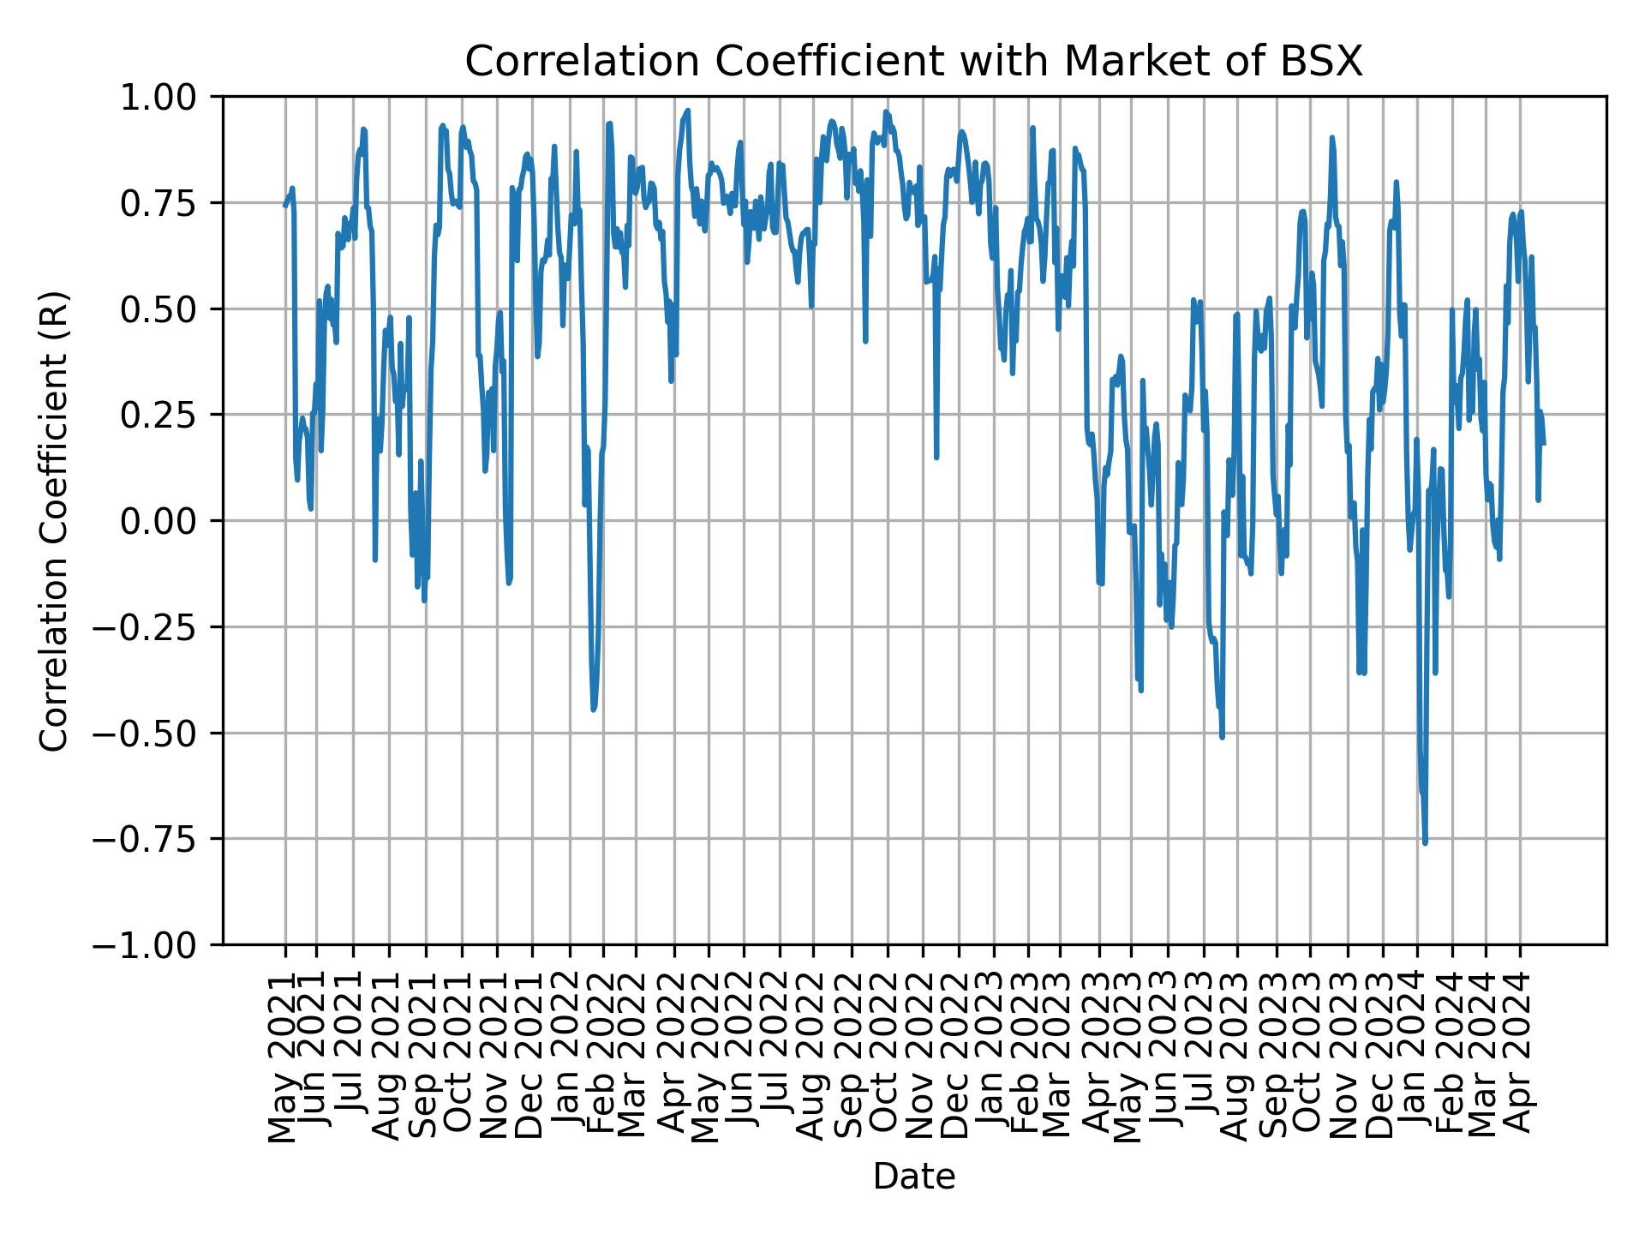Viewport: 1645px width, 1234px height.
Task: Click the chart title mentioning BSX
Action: [913, 63]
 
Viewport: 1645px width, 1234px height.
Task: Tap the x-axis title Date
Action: [913, 1177]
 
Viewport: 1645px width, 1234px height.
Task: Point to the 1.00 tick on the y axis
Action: [170, 97]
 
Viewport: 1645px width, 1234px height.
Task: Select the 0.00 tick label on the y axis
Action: [170, 520]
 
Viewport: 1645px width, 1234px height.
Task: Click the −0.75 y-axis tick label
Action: [159, 839]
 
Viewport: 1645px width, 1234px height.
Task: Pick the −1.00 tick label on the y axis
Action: [159, 945]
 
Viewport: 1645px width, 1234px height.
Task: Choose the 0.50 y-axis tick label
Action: [170, 308]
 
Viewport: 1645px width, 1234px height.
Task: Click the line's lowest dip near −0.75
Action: [1425, 843]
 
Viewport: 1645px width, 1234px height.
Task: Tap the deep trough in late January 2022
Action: [593, 709]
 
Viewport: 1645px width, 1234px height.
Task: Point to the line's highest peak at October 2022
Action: [886, 111]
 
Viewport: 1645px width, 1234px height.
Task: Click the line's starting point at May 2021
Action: [285, 206]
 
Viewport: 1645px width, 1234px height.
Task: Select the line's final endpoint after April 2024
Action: [1544, 443]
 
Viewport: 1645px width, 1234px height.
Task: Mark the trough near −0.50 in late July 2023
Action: [1222, 737]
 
